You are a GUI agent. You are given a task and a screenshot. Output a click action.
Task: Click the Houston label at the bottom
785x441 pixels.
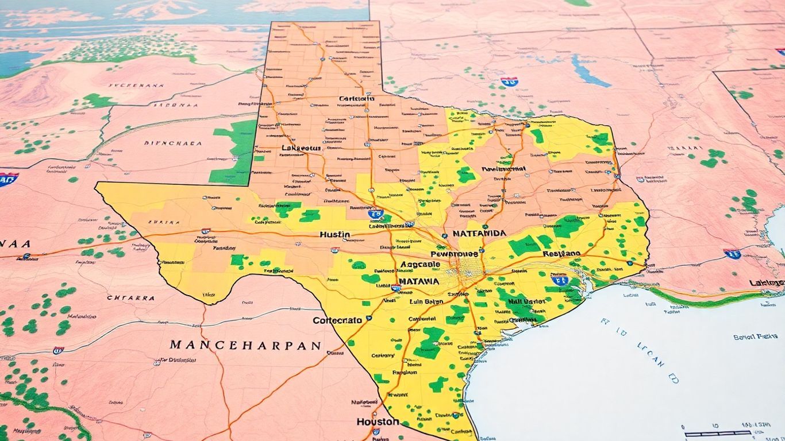(x=378, y=421)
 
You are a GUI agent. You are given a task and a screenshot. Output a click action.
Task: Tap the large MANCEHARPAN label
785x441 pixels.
(x=245, y=346)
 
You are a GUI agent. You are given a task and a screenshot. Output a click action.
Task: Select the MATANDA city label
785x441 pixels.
(x=479, y=234)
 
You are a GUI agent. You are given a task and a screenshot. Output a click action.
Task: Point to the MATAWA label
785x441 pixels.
(x=418, y=282)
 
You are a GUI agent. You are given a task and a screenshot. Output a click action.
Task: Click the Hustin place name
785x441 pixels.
(x=334, y=234)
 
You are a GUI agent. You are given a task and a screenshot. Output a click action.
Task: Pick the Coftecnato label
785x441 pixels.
(x=337, y=320)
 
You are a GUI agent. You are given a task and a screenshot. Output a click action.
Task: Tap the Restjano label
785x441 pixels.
(x=561, y=253)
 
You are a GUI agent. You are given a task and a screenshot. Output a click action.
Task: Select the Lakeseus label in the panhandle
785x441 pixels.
(x=301, y=148)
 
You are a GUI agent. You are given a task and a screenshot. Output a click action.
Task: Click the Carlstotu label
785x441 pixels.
(x=356, y=99)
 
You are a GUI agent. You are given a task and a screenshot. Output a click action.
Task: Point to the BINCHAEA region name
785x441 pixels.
(x=172, y=144)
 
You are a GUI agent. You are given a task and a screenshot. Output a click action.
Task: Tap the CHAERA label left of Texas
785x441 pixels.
(x=130, y=298)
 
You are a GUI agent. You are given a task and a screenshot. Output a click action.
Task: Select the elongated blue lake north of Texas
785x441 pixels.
(x=590, y=71)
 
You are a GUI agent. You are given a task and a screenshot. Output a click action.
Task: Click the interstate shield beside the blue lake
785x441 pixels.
(x=509, y=82)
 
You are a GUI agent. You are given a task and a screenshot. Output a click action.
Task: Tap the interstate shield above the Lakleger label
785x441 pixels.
(x=732, y=253)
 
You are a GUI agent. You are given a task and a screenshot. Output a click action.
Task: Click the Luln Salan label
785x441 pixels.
(x=426, y=301)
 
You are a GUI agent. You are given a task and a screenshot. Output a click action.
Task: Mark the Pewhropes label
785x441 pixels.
(x=453, y=253)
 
